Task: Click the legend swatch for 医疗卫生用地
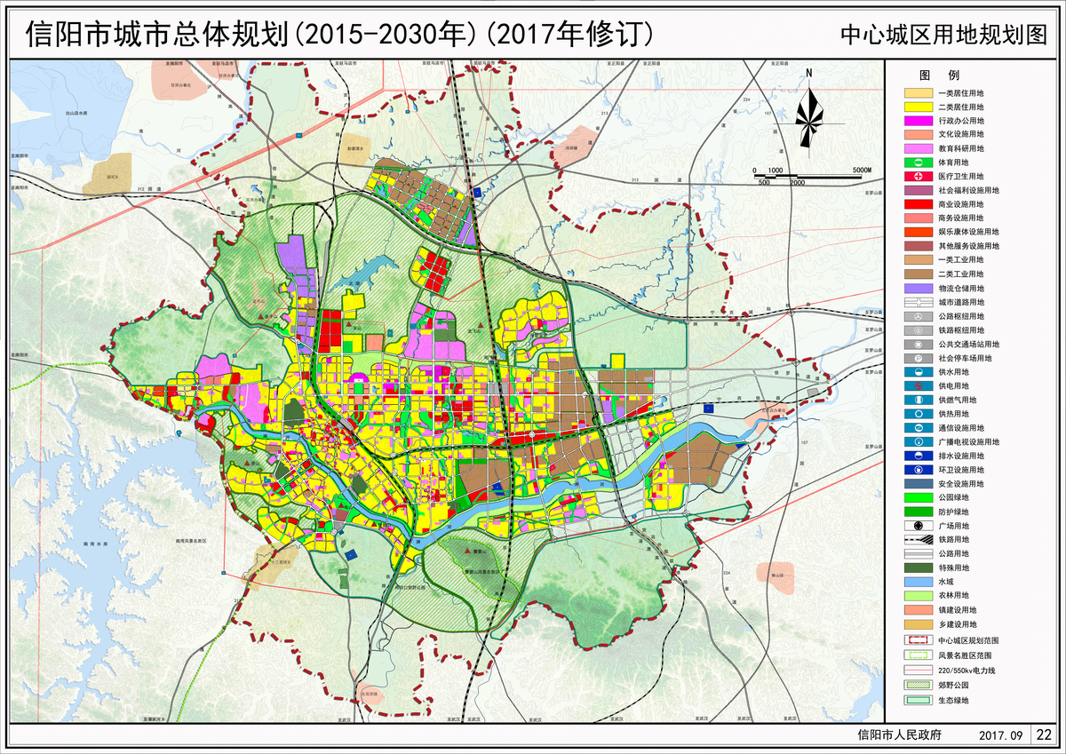918,177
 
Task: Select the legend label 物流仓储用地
967,289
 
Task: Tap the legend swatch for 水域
918,582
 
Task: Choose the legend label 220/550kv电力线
973,670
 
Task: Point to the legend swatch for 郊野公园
918,685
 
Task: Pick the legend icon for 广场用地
918,526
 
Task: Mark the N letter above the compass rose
808,74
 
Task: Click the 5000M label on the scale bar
862,170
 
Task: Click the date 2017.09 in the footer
1000,735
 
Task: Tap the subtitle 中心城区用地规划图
944,35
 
